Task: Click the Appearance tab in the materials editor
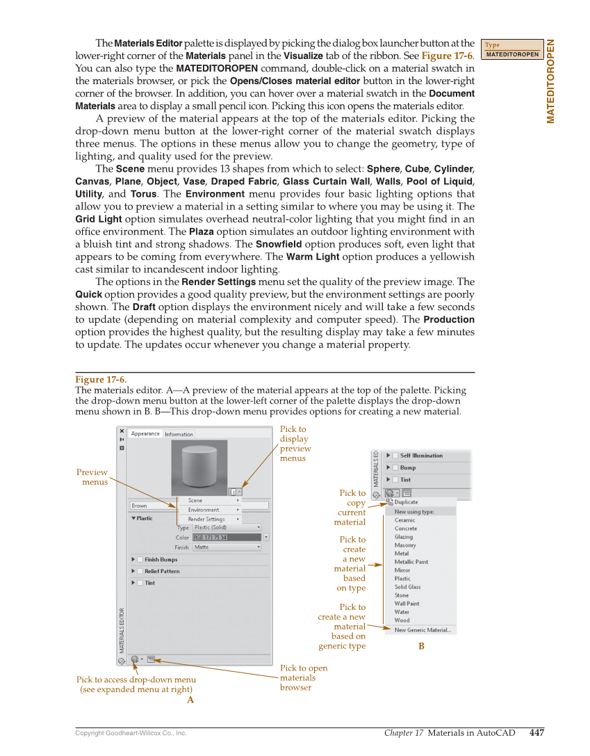pyautogui.click(x=145, y=433)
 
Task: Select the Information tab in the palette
pyautogui.click(x=179, y=434)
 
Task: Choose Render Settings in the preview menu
pyautogui.click(x=206, y=519)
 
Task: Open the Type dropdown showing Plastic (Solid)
pyautogui.click(x=227, y=528)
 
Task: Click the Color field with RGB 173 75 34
pyautogui.click(x=227, y=538)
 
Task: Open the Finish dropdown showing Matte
pyautogui.click(x=227, y=547)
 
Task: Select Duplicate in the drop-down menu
pyautogui.click(x=406, y=502)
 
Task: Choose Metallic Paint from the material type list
pyautogui.click(x=411, y=562)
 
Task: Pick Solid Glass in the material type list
pyautogui.click(x=407, y=587)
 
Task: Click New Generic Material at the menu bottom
pyautogui.click(x=423, y=630)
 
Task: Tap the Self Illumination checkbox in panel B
pyautogui.click(x=395, y=456)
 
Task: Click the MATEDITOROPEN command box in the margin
pyautogui.click(x=512, y=54)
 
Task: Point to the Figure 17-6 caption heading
pyautogui.click(x=101, y=379)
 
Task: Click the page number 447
pyautogui.click(x=536, y=732)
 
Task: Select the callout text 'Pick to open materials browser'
pyautogui.click(x=303, y=677)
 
